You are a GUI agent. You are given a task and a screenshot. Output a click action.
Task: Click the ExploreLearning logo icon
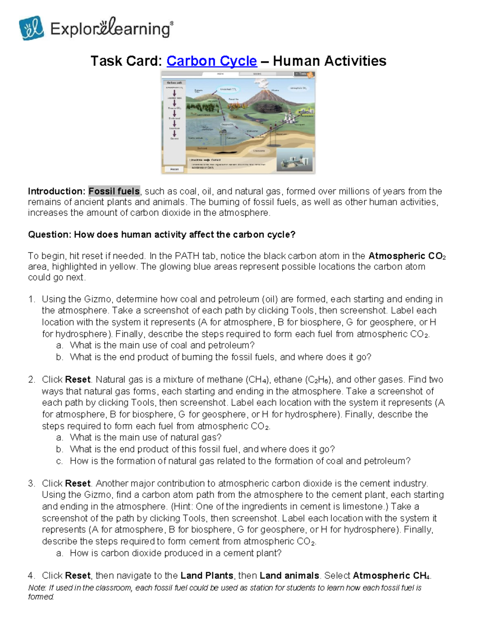tap(31, 28)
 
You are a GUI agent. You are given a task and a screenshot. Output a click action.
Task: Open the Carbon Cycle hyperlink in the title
tap(211, 61)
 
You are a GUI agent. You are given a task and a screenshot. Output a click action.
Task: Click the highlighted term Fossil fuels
tap(114, 191)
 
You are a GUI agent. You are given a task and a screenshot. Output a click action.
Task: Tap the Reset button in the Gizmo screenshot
tap(175, 169)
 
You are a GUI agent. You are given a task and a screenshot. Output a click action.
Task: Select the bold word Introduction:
tap(57, 191)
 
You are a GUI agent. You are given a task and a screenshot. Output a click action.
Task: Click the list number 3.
tap(31, 483)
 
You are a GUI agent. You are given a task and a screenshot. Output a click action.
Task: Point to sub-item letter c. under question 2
tap(59, 461)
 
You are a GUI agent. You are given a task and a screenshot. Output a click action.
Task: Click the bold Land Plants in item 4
tap(207, 575)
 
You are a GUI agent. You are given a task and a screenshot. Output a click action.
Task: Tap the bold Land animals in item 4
tap(289, 575)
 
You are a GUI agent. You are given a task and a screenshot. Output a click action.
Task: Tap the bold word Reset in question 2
tap(78, 379)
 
